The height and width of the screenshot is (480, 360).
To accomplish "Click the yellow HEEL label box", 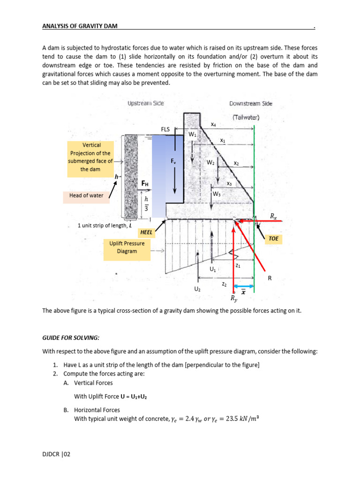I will [148, 232].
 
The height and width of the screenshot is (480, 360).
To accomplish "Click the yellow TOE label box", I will [274, 239].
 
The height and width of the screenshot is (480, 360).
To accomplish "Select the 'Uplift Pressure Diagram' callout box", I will [127, 247].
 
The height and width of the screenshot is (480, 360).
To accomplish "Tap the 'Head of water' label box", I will [86, 195].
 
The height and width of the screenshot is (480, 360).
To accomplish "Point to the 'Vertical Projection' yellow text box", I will [90, 157].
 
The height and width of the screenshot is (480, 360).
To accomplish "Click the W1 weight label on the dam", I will [192, 135].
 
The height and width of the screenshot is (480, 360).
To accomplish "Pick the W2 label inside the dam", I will [210, 162].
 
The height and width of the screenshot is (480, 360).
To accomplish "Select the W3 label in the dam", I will [217, 194].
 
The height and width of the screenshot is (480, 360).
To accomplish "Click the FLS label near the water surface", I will [165, 128].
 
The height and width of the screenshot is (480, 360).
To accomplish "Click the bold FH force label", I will [145, 184].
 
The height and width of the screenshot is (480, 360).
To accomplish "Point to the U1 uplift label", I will [213, 270].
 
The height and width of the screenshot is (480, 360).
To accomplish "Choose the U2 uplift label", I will [197, 289].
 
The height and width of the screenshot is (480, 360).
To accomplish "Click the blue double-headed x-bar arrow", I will [244, 286].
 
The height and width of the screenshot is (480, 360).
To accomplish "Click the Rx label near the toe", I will [273, 216].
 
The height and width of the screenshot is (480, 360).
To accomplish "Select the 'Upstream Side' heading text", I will [145, 103].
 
